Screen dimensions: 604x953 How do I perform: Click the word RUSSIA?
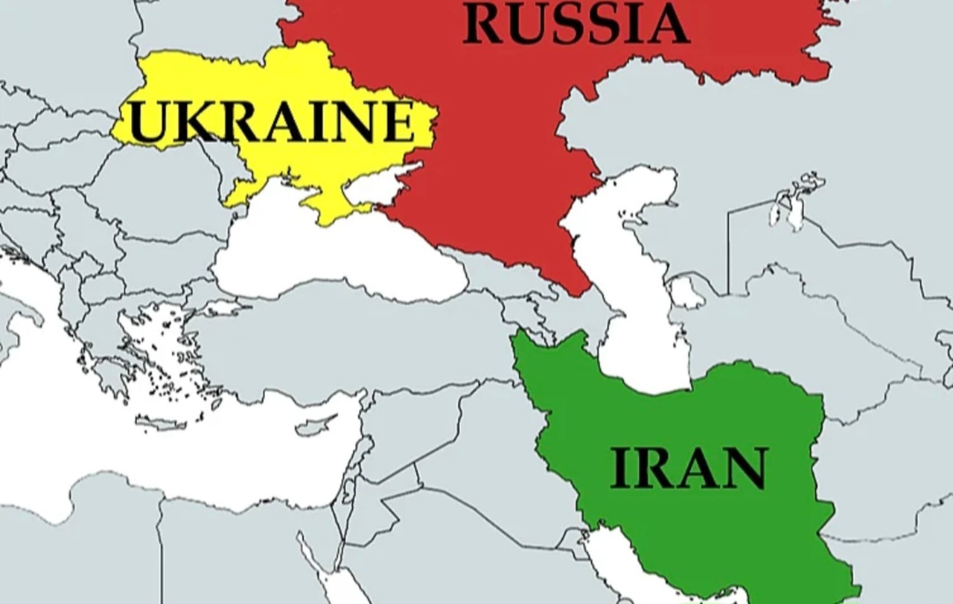pos(576,23)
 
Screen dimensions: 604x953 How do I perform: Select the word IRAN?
pos(688,469)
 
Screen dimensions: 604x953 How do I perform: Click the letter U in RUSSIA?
pos(529,23)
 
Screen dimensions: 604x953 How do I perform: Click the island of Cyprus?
pos(317,427)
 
